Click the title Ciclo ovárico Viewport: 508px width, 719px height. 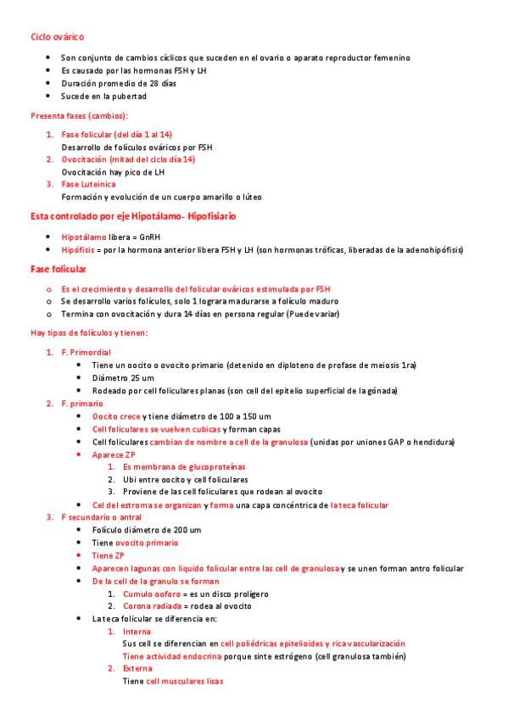pos(57,37)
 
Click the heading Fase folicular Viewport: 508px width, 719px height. pos(58,269)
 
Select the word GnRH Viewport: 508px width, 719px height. pos(149,237)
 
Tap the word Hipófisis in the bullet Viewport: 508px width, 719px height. pos(77,250)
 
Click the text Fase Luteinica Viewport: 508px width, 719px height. pos(88,184)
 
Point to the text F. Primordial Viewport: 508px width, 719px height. pos(86,352)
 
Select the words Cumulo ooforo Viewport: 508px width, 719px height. pos(149,594)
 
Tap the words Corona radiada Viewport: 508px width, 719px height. pos(150,606)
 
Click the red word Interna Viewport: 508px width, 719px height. pos(137,632)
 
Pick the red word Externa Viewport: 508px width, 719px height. pos(138,668)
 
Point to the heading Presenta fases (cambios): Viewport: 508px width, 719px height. pos(80,115)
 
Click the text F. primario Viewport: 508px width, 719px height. pos(82,404)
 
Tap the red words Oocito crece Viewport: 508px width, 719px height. pos(116,416)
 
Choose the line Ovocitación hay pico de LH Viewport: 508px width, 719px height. pos(113,171)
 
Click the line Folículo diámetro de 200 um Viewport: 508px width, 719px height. pos(147,530)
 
